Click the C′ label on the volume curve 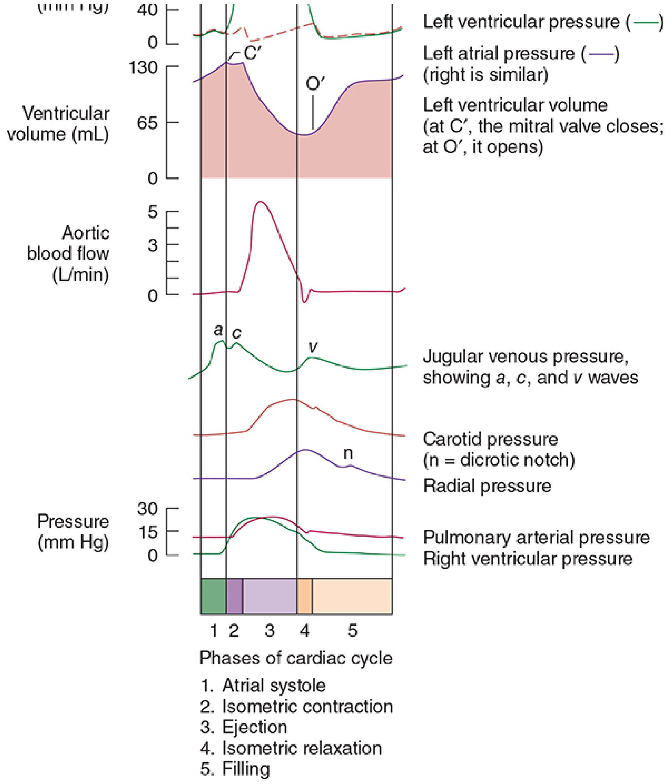click(x=252, y=53)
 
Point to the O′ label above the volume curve click(x=315, y=84)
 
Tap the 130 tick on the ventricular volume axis click(x=144, y=68)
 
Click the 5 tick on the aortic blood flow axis click(x=153, y=212)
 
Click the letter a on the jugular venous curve click(x=218, y=330)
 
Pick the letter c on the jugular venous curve click(x=236, y=333)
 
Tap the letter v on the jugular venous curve click(x=313, y=346)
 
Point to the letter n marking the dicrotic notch click(x=348, y=453)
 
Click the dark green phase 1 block click(x=214, y=596)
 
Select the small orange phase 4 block click(x=304, y=596)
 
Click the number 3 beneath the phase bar click(x=270, y=631)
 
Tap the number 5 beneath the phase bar click(x=352, y=631)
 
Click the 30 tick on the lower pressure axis click(x=147, y=509)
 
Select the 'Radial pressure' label click(x=487, y=486)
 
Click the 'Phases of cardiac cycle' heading click(x=296, y=658)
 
